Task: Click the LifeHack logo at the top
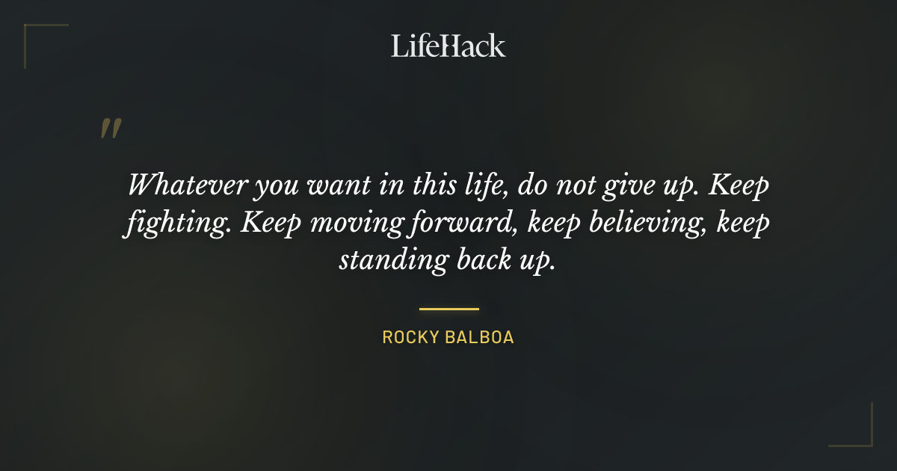pyautogui.click(x=449, y=46)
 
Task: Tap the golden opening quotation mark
pyautogui.click(x=110, y=129)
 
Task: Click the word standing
pyautogui.click(x=392, y=261)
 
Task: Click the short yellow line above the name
pyautogui.click(x=449, y=308)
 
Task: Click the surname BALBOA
pyautogui.click(x=484, y=337)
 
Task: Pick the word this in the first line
pyautogui.click(x=422, y=184)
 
